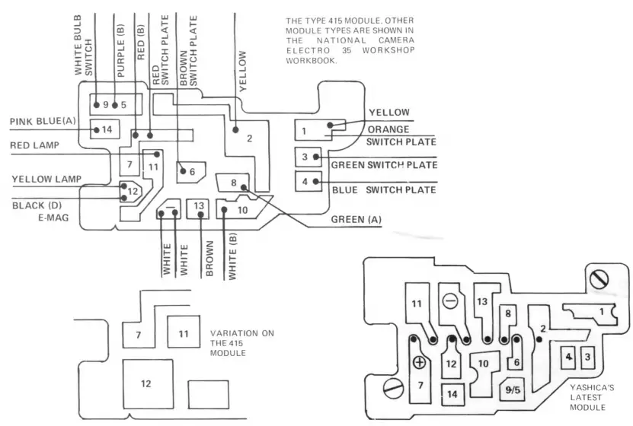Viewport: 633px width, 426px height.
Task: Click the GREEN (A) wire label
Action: (356, 220)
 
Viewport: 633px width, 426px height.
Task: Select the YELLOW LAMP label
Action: (46, 180)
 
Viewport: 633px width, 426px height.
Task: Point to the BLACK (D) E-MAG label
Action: (42, 211)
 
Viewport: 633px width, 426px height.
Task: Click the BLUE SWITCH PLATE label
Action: (383, 189)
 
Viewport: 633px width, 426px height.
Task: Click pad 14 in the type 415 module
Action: (106, 130)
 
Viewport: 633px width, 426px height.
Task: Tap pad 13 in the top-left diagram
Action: (198, 206)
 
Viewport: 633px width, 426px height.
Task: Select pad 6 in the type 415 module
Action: (191, 172)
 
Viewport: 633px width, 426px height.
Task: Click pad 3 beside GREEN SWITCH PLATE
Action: (305, 157)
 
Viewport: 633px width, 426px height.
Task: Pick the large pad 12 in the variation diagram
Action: (145, 383)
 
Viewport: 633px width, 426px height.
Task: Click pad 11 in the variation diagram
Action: (183, 334)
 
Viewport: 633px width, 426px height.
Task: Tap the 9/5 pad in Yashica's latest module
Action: (513, 390)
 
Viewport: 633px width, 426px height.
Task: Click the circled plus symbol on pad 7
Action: (419, 363)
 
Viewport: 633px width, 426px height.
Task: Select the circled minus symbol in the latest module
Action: (450, 300)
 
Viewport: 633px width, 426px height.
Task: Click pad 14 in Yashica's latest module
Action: (452, 393)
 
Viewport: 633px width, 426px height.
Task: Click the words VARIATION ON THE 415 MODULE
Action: (241, 343)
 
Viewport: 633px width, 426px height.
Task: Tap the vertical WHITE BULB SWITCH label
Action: (83, 49)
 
